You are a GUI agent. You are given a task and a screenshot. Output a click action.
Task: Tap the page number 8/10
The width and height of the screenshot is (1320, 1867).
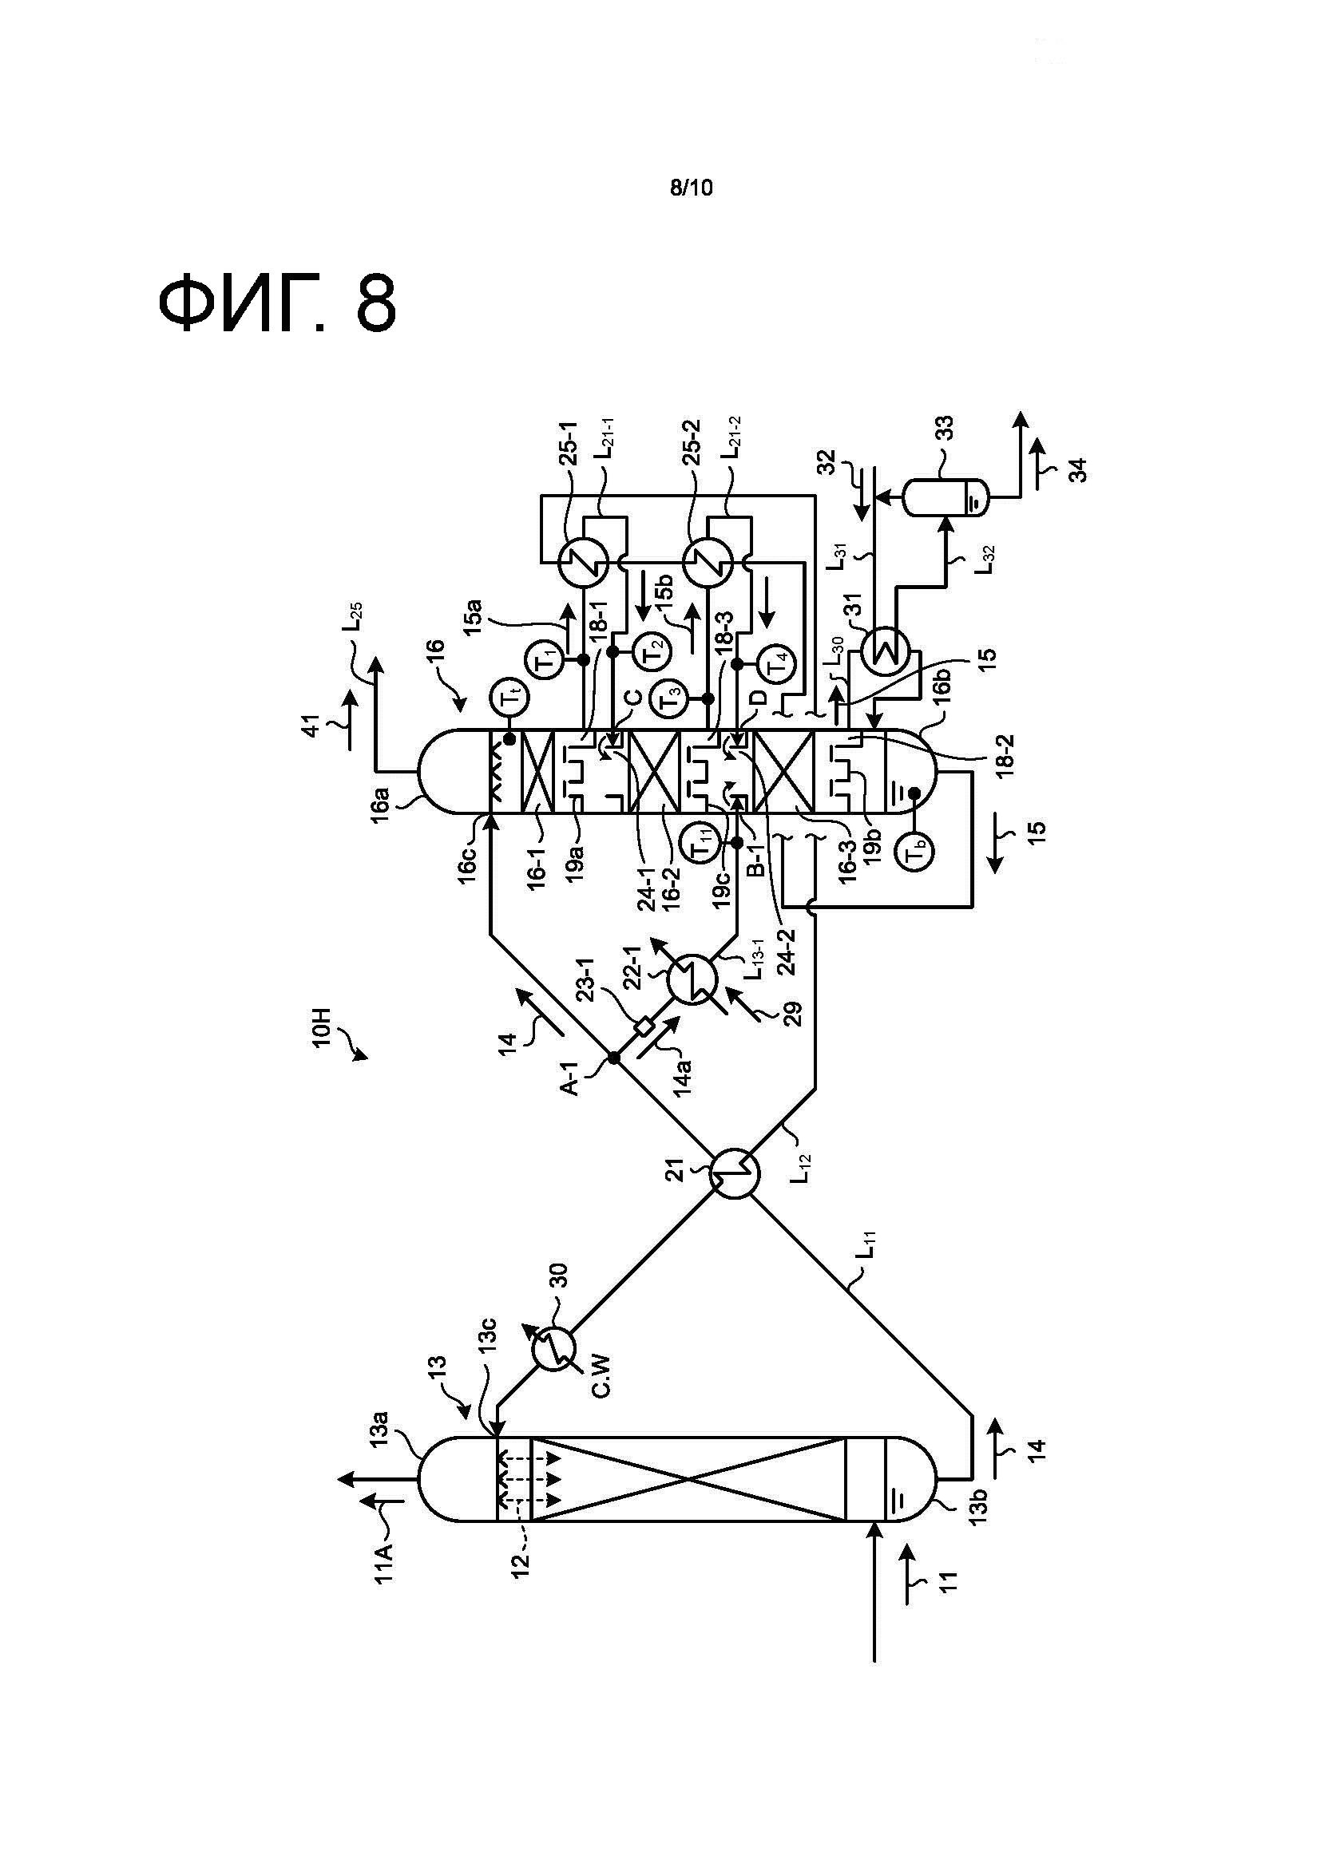[x=691, y=188]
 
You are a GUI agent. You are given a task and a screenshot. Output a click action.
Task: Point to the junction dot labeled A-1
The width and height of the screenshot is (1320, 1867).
[x=614, y=1057]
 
